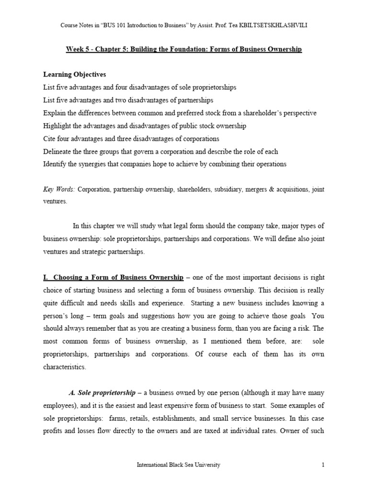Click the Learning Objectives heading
74,75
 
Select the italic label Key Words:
59,189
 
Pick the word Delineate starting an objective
58,151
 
